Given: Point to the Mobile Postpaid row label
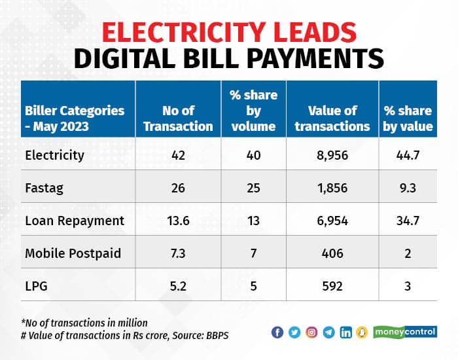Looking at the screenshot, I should click(x=73, y=253).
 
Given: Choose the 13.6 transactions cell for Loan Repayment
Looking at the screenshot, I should click(x=178, y=221).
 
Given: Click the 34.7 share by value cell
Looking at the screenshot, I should click(x=408, y=221).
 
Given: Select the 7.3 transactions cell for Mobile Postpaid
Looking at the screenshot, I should click(x=178, y=253).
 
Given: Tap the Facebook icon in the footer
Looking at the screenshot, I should click(x=277, y=333).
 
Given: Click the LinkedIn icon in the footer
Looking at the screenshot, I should click(x=345, y=333).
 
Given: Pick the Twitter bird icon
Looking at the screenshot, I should click(x=294, y=333).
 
